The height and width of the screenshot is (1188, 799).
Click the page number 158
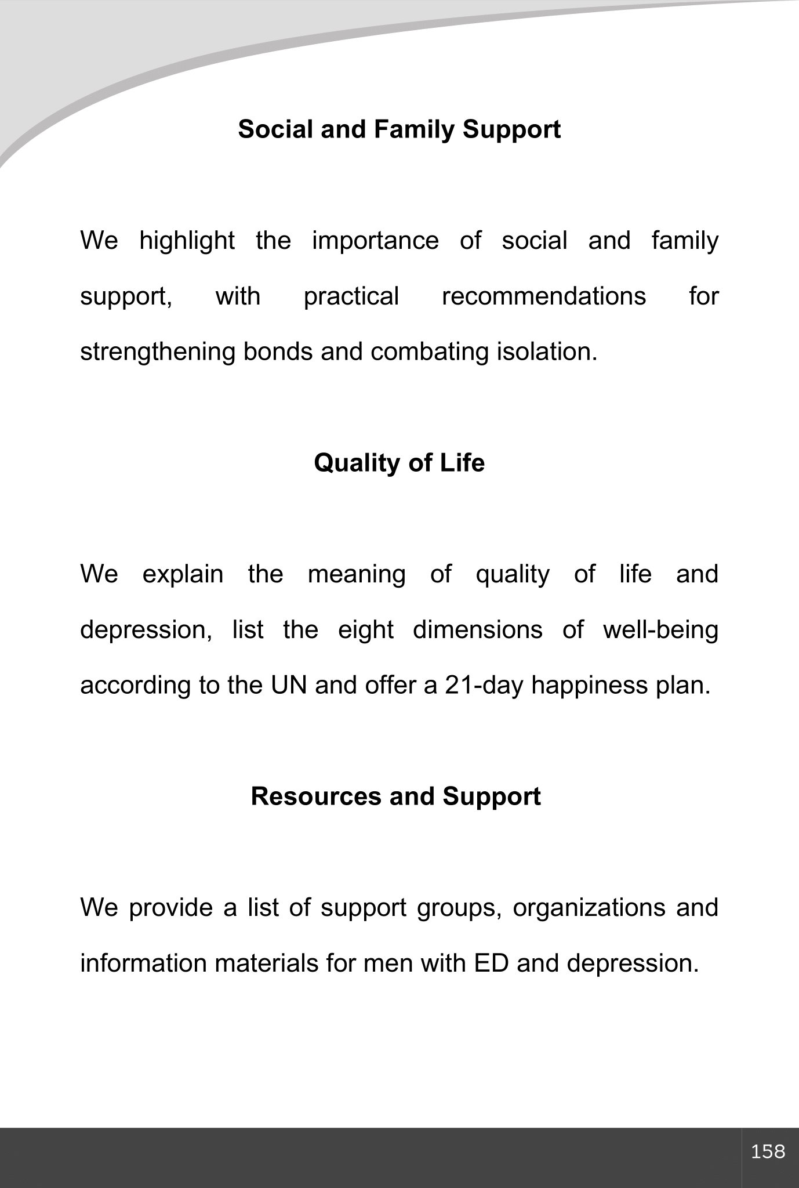click(x=768, y=1151)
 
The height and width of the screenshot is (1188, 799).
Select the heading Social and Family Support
click(x=399, y=129)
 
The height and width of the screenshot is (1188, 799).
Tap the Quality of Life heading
click(x=399, y=463)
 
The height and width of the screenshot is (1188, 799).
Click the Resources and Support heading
click(x=395, y=796)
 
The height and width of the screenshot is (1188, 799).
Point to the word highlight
click(x=187, y=241)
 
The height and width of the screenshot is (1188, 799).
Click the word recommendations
click(x=543, y=296)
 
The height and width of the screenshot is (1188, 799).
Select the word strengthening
click(x=157, y=352)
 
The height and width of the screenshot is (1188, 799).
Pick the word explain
click(x=183, y=574)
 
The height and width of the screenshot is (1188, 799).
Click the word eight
click(x=365, y=630)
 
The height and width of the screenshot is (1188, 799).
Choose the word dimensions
click(x=477, y=630)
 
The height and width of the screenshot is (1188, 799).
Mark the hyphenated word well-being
click(x=660, y=630)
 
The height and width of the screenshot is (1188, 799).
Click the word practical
click(x=351, y=296)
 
